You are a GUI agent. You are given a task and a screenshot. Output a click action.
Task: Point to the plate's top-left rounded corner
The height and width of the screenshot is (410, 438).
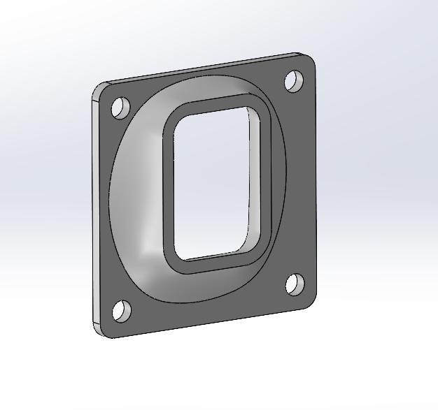point(100,88)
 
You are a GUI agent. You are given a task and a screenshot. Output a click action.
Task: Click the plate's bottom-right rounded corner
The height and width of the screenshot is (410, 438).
point(310,301)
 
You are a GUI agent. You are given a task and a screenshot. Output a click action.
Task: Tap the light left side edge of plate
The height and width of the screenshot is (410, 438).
point(93,210)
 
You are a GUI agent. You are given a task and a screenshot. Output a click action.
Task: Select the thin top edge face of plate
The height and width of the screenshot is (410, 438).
point(203,69)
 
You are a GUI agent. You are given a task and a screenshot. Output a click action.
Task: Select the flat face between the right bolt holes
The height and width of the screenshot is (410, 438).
point(301,182)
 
